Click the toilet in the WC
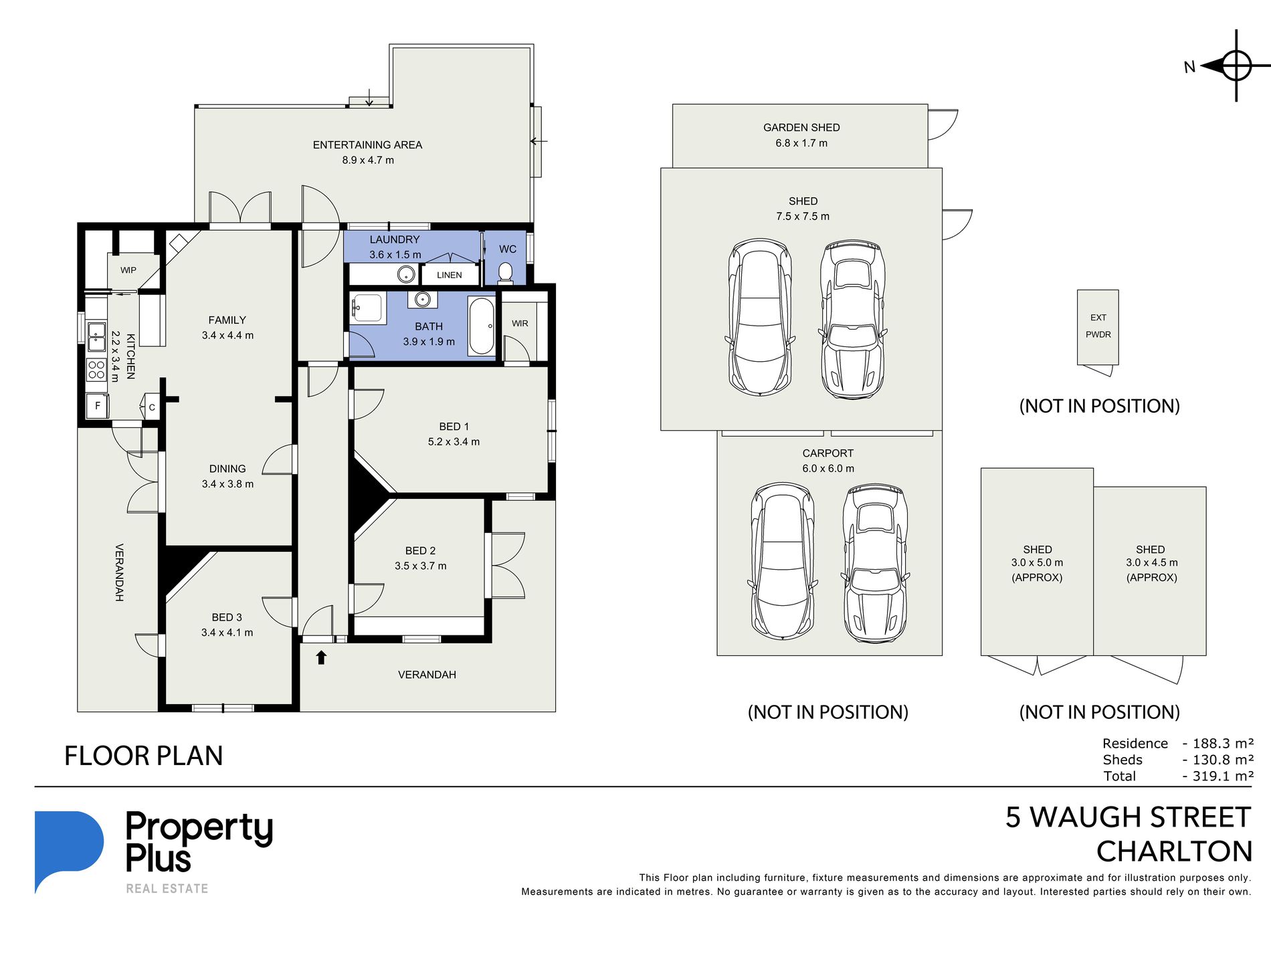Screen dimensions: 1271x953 coord(506,273)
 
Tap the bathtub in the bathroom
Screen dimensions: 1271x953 coord(482,326)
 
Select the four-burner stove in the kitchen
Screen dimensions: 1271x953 coord(96,370)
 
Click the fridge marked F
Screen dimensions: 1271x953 coord(98,406)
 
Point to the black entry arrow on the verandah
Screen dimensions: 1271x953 coord(321,657)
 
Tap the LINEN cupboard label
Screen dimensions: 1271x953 coord(450,275)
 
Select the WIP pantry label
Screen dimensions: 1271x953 coord(128,270)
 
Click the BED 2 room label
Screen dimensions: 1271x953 coord(420,550)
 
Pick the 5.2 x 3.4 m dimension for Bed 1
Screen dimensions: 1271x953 coord(454,441)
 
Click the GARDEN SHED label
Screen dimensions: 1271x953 coord(801,127)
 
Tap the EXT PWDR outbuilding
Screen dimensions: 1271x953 coord(1098,327)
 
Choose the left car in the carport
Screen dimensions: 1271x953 coord(783,561)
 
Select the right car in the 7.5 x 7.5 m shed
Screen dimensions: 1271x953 coord(853,320)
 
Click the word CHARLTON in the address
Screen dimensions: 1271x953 coord(1174,851)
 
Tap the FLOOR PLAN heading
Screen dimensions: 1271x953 coord(143,756)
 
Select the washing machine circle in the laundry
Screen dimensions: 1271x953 coord(405,274)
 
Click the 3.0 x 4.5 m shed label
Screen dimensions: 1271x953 coord(1151,563)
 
